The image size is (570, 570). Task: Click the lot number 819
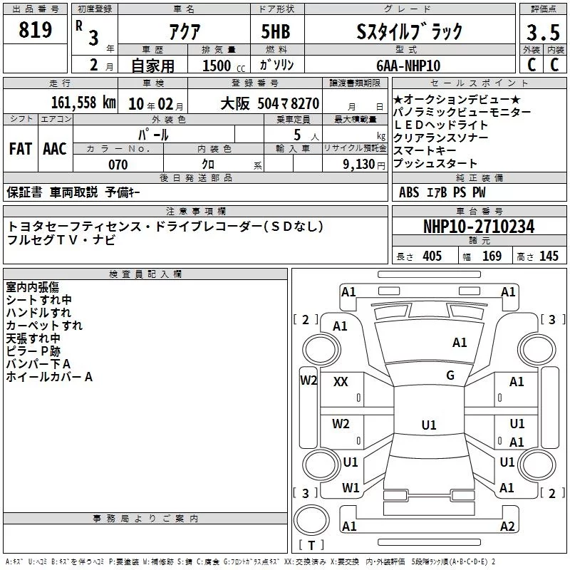click(x=35, y=30)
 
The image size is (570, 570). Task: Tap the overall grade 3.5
click(x=543, y=32)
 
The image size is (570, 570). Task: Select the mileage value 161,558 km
click(x=83, y=103)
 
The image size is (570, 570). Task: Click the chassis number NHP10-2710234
click(x=479, y=227)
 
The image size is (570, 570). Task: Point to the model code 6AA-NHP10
click(x=408, y=66)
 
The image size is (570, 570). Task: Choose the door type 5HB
click(x=276, y=31)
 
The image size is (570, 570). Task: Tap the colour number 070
click(x=118, y=165)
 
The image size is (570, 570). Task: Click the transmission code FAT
click(x=21, y=149)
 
